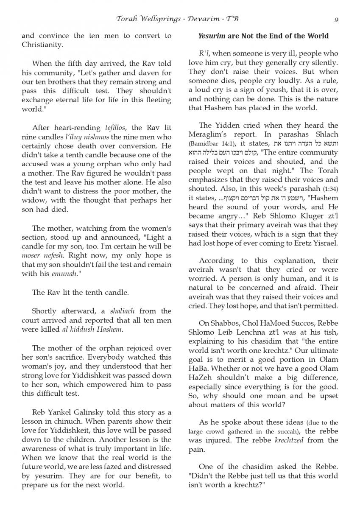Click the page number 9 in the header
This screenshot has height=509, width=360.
coord(336,19)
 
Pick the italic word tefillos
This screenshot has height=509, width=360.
coord(117,127)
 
